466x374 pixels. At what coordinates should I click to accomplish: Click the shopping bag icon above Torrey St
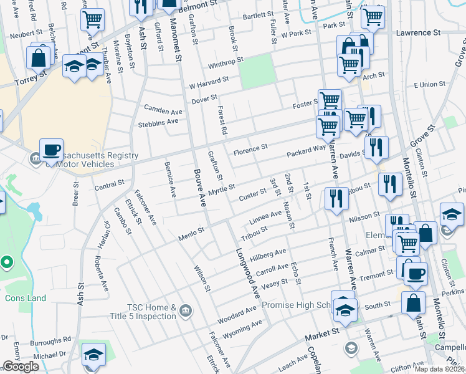click(x=39, y=58)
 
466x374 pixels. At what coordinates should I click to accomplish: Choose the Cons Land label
click(x=26, y=298)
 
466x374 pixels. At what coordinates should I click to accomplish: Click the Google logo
click(x=21, y=367)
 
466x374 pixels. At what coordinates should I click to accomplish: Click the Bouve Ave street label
click(x=199, y=188)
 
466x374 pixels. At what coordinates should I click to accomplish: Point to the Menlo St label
click(x=192, y=231)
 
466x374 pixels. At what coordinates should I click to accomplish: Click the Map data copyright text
click(x=440, y=369)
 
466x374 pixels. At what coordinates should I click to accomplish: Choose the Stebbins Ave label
click(x=158, y=122)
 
